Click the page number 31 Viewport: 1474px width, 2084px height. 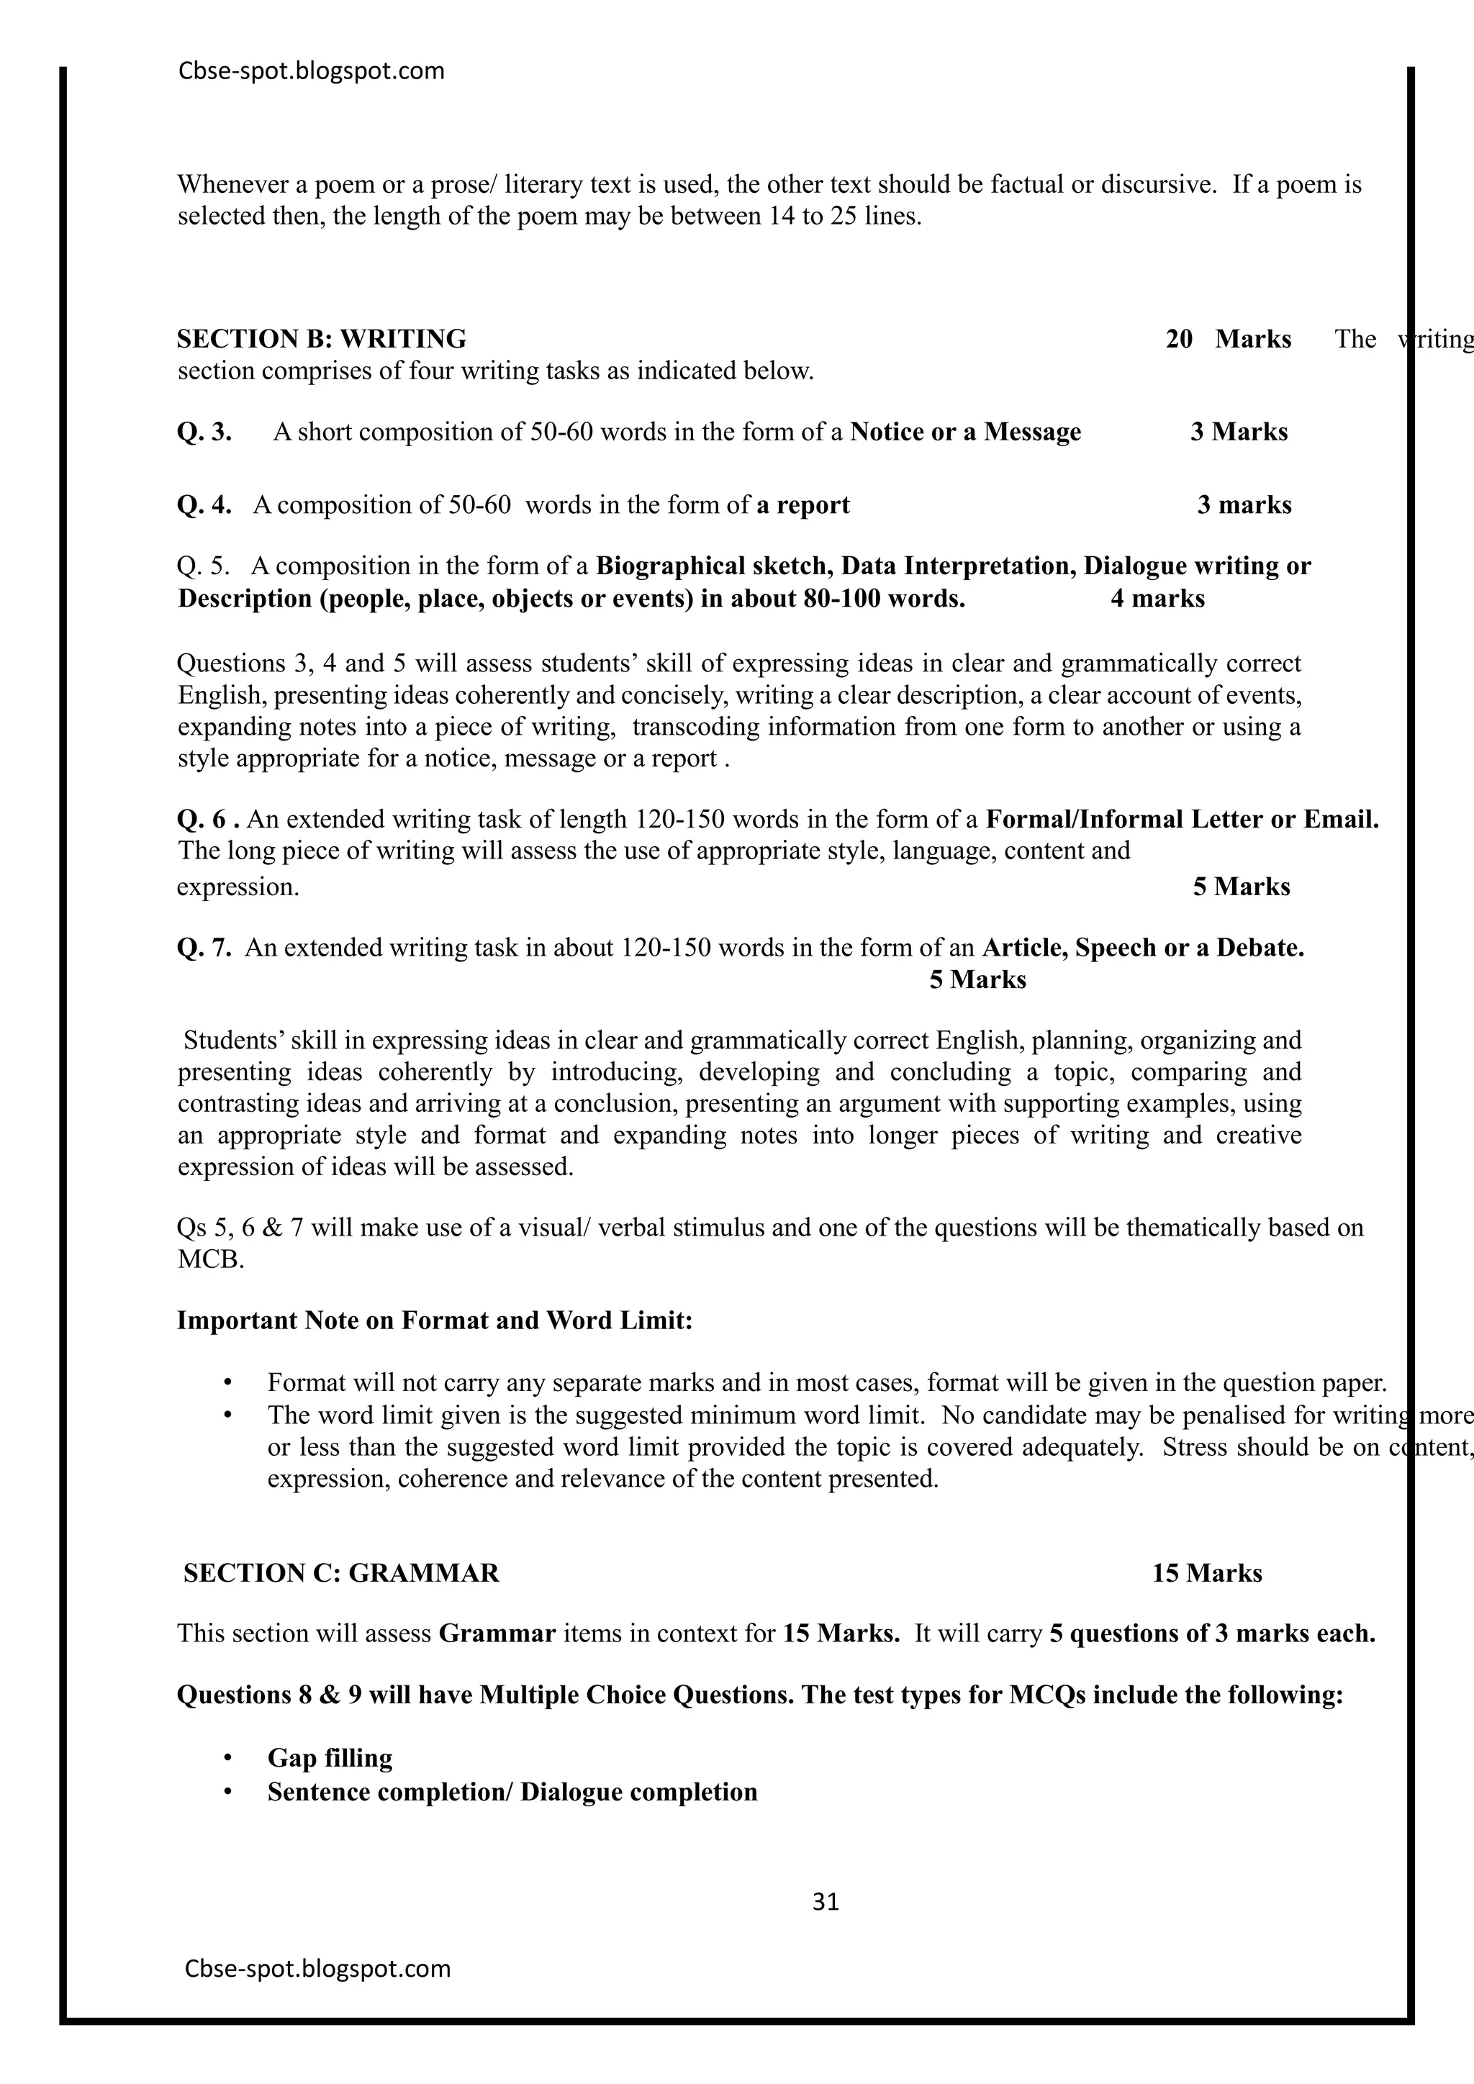pos(825,1901)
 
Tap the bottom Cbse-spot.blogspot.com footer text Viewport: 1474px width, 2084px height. pos(317,1968)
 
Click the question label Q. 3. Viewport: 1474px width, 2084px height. pos(204,432)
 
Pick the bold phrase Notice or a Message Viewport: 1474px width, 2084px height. pos(965,432)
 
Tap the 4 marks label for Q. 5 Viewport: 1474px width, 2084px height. pos(1157,598)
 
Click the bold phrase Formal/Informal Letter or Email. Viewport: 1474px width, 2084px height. pos(1182,820)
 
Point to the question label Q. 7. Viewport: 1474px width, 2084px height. pos(204,948)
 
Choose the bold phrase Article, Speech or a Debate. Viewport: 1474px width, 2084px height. pos(1143,948)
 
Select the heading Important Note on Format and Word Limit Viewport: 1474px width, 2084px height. pos(435,1320)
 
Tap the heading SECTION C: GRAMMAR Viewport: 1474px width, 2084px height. pos(341,1573)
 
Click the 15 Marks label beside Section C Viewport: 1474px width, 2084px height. pos(1206,1573)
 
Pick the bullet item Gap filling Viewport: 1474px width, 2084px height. pos(330,1757)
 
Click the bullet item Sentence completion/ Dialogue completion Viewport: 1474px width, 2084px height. pos(512,1792)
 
